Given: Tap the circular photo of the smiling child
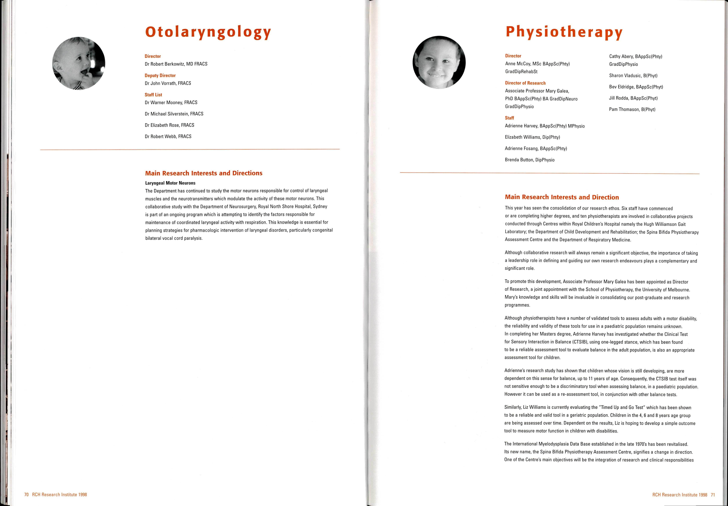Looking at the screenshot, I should tap(439, 62).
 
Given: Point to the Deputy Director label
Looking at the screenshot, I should tap(160, 75).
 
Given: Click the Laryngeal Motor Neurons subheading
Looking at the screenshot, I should tap(170, 183).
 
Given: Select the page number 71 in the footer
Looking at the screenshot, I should tap(713, 495).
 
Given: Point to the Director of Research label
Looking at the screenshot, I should tap(525, 83).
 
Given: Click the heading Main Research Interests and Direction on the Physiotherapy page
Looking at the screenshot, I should tap(562, 197).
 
